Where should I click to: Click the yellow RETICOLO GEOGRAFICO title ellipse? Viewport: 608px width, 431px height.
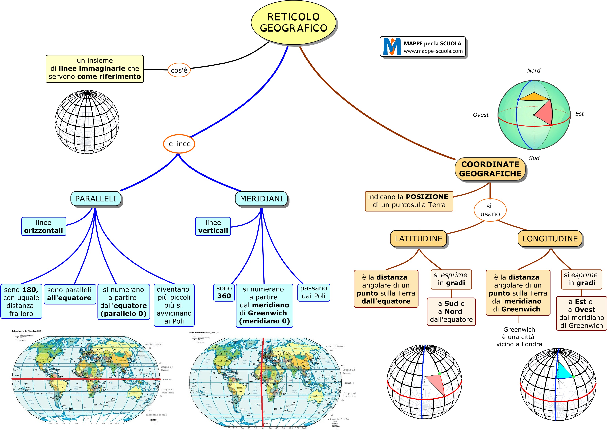point(293,23)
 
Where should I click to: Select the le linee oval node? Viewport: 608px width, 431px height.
point(179,144)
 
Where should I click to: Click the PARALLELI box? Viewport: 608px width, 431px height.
point(96,199)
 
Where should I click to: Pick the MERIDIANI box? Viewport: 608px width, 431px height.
point(261,199)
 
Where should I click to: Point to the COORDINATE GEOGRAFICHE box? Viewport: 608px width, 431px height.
point(490,169)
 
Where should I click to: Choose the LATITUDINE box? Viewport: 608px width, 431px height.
point(418,239)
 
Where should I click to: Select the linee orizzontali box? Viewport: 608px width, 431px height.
point(44,226)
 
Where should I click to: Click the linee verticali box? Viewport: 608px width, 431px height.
point(213,226)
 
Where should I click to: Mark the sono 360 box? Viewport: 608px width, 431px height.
point(224,292)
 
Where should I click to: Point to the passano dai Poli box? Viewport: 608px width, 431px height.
point(313,292)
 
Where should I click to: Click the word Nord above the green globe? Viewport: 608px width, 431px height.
point(534,71)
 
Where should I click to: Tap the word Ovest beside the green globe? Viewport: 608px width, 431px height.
point(481,115)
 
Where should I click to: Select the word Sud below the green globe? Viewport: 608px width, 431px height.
point(534,158)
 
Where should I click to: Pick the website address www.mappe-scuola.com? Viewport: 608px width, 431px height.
point(433,51)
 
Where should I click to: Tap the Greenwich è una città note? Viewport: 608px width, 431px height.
point(519,337)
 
